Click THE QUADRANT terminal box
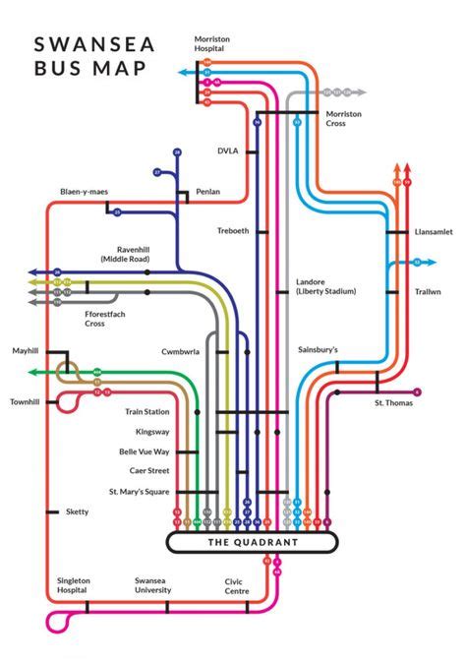tap(252, 542)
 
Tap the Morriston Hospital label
tap(211, 43)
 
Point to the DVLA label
tap(228, 151)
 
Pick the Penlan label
tap(207, 192)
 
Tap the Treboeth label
tap(233, 230)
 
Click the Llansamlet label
tap(434, 231)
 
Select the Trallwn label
tap(428, 291)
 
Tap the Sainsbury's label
tap(318, 349)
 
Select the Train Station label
tap(147, 411)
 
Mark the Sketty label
tap(76, 511)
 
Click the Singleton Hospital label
tap(73, 585)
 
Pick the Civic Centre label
tap(241, 585)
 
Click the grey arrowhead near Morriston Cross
tap(363, 93)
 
